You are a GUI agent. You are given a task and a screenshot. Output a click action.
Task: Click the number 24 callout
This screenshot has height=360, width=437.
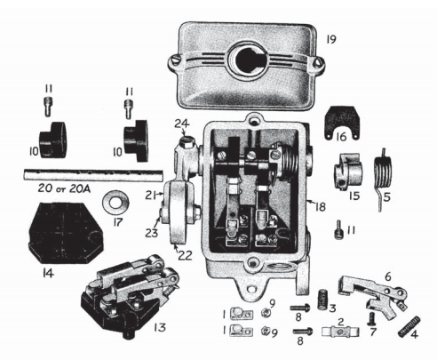coord(179,124)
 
